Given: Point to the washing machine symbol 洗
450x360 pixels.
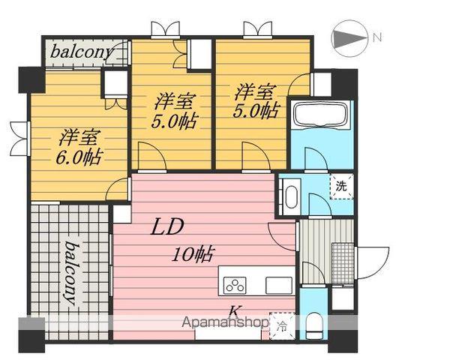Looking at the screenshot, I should coord(341,185).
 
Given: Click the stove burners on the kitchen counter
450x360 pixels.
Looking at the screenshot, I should coord(235,285).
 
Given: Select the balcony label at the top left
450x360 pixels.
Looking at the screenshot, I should coord(82,52).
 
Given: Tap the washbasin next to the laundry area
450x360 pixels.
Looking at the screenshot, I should coord(291,196).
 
